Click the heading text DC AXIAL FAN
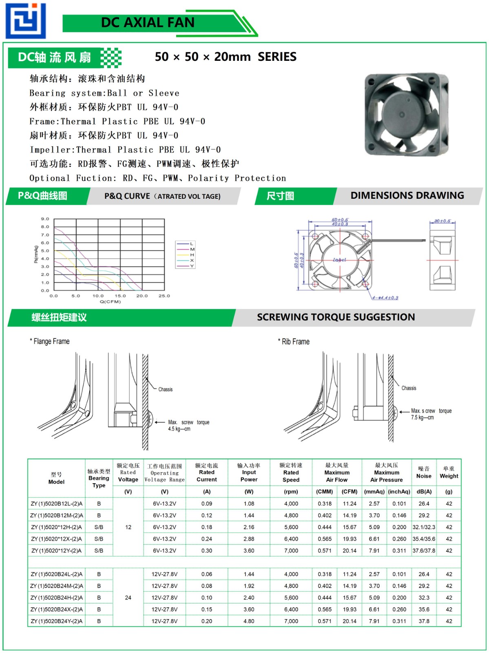pyautogui.click(x=148, y=22)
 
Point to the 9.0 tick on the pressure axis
pyautogui.click(x=45, y=219)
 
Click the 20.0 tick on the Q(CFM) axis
pyautogui.click(x=142, y=296)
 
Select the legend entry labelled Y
pyautogui.click(x=192, y=266)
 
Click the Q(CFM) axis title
pyautogui.click(x=110, y=302)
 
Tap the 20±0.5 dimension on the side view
pyautogui.click(x=442, y=221)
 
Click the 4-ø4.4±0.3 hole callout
pyautogui.click(x=385, y=298)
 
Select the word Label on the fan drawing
pyautogui.click(x=339, y=260)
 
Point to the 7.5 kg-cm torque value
pyautogui.click(x=422, y=418)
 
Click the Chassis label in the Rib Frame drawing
pyautogui.click(x=409, y=388)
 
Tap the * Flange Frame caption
pyautogui.click(x=50, y=341)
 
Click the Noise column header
pyautogui.click(x=424, y=473)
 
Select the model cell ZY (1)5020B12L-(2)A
pyautogui.click(x=57, y=504)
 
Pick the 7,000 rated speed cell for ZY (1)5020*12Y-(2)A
pyautogui.click(x=291, y=551)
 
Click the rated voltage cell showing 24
pyautogui.click(x=128, y=597)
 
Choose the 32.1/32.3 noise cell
pyautogui.click(x=424, y=527)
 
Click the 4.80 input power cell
pyautogui.click(x=249, y=621)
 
